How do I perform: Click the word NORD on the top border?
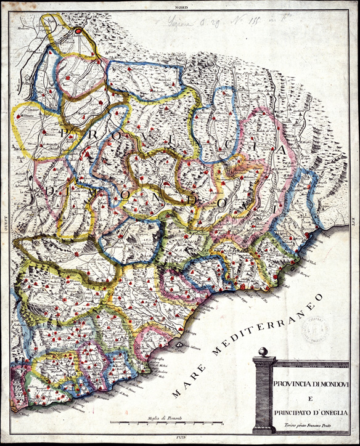[x=181, y=6]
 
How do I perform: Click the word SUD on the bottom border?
[x=181, y=442]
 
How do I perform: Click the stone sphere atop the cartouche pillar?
[x=263, y=352]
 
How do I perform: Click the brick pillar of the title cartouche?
[x=263, y=394]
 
